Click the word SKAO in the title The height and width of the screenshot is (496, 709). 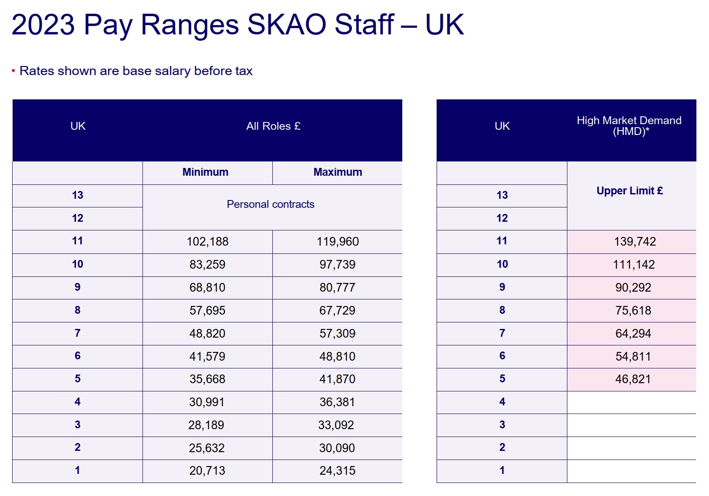(286, 24)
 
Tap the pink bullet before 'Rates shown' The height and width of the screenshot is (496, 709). (13, 71)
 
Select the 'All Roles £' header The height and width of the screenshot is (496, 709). (273, 126)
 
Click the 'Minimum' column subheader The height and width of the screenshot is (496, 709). (205, 172)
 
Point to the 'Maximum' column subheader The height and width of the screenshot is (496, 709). (338, 172)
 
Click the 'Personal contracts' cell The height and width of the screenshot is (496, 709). (271, 204)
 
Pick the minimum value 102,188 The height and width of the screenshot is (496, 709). (207, 242)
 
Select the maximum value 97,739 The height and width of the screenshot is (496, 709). (338, 264)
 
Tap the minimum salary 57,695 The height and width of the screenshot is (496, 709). (207, 310)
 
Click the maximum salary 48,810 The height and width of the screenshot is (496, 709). (338, 356)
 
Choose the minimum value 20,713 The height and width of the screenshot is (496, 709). (207, 471)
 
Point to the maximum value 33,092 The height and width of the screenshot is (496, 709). (336, 425)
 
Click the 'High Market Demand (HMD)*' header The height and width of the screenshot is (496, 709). (629, 126)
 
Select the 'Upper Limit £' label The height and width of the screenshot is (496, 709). (630, 191)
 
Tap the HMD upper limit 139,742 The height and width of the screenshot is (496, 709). (635, 242)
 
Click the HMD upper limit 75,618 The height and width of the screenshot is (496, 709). (633, 310)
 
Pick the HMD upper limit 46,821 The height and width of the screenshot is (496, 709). (633, 379)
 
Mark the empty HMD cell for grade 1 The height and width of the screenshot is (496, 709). (632, 471)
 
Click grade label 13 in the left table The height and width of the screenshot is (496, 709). (77, 195)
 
